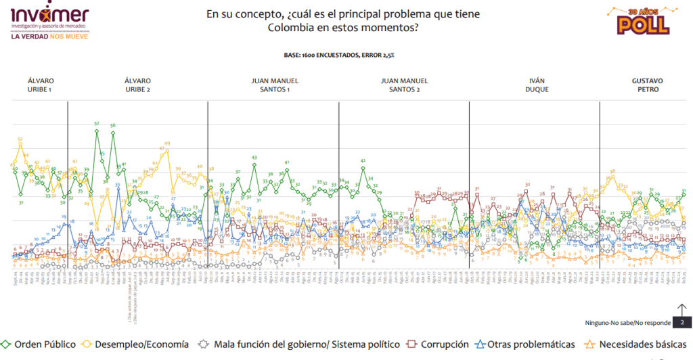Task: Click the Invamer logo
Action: pyautogui.click(x=49, y=16)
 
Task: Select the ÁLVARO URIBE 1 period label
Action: pyautogui.click(x=41, y=85)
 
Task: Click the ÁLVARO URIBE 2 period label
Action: pyautogui.click(x=137, y=85)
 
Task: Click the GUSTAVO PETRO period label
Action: pyautogui.click(x=646, y=85)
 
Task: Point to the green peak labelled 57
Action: pyautogui.click(x=97, y=124)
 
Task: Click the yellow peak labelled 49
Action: pyautogui.click(x=166, y=144)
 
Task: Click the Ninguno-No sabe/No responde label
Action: pyautogui.click(x=627, y=323)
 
